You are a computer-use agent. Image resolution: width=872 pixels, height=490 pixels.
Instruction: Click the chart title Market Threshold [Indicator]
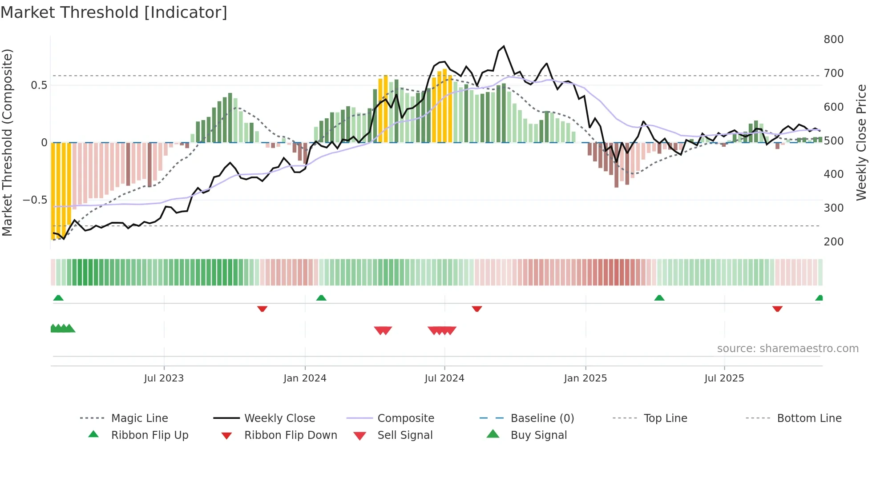tap(114, 12)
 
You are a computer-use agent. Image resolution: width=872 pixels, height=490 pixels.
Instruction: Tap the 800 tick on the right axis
tap(833, 40)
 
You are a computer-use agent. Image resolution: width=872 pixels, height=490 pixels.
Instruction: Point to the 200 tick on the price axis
tap(833, 242)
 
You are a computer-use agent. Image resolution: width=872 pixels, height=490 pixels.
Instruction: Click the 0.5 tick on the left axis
tap(39, 85)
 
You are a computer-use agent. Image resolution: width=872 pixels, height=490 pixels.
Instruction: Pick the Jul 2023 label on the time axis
tap(164, 378)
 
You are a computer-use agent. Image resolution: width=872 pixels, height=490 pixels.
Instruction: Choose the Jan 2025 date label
tap(585, 378)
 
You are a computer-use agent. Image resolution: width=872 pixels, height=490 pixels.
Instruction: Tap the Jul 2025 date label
tap(724, 378)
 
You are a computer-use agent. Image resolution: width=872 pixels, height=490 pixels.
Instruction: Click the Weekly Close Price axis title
tap(861, 142)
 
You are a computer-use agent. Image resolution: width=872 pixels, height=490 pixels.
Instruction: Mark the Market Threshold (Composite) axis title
tap(7, 142)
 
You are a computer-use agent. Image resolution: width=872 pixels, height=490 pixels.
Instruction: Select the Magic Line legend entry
tap(139, 418)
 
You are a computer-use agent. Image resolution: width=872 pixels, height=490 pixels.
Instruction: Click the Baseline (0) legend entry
tap(542, 418)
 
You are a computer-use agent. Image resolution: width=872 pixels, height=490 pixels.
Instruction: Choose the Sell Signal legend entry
tap(405, 435)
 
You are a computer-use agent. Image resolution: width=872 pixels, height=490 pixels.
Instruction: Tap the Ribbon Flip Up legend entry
tap(149, 435)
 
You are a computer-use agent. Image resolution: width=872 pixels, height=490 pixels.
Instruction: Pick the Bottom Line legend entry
tap(809, 418)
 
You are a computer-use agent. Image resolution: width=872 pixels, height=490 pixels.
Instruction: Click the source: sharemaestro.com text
tap(787, 349)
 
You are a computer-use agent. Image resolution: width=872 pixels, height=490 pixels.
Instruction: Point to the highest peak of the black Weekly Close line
tap(504, 46)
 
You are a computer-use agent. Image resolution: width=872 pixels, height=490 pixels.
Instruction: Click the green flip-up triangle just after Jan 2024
tap(321, 298)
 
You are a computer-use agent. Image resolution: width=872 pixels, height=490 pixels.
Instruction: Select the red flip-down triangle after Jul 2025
tap(777, 309)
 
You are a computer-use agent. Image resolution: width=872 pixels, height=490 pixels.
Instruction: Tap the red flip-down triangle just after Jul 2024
tap(477, 309)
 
